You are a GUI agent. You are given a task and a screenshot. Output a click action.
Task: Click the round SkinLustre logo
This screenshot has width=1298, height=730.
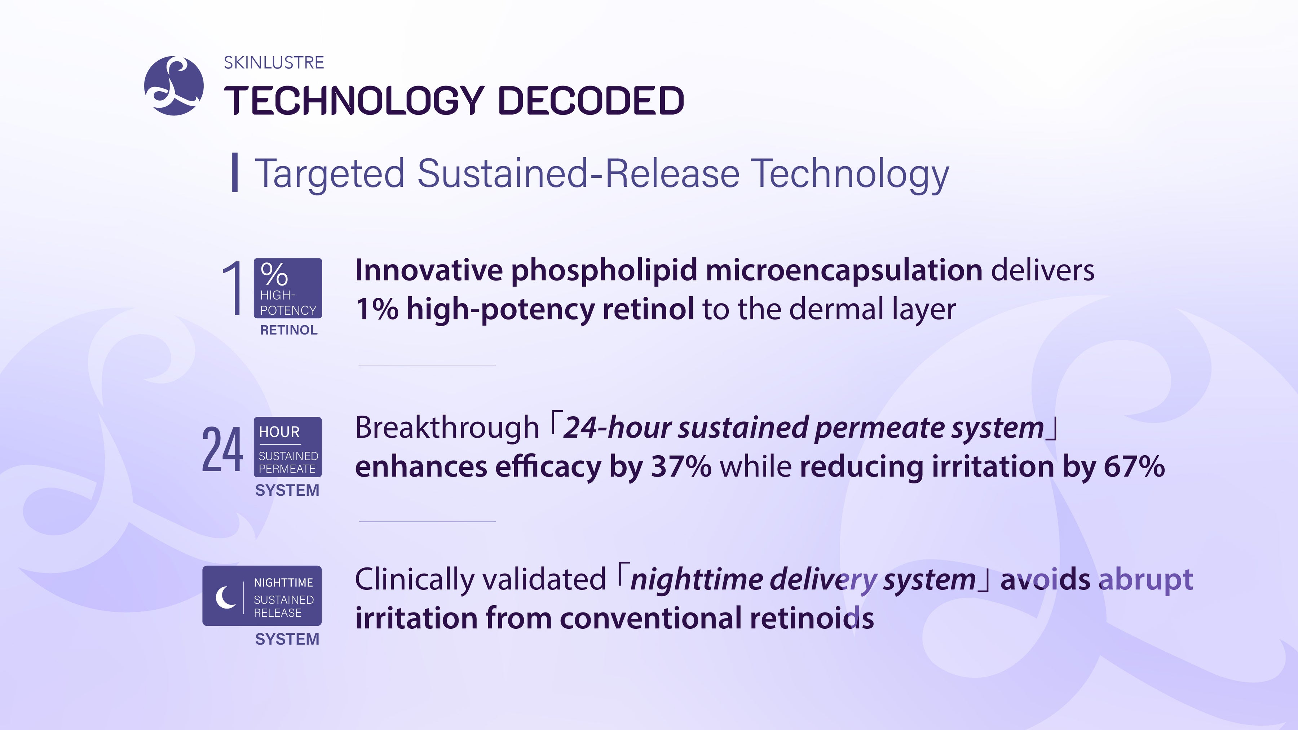coord(174,86)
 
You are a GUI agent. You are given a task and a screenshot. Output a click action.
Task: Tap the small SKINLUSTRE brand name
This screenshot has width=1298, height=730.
coord(274,62)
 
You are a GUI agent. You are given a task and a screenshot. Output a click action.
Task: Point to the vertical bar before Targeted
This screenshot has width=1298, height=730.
coord(234,173)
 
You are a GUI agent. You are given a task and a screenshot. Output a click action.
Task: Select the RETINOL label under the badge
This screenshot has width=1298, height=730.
coord(289,330)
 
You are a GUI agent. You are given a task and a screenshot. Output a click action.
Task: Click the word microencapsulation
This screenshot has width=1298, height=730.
coord(844,270)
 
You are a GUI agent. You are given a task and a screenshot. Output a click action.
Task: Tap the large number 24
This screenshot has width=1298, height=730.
coord(222,449)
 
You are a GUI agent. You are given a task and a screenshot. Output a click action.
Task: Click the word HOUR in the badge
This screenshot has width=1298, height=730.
coord(279,432)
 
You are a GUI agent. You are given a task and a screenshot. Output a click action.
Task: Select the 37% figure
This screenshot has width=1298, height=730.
coord(681,466)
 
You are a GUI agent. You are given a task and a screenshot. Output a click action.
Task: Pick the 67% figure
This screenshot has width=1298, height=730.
coord(1134,466)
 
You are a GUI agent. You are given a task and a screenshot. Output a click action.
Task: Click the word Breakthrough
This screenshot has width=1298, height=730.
coord(447,427)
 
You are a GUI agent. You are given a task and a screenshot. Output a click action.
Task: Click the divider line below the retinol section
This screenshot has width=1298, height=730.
coord(427,366)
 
